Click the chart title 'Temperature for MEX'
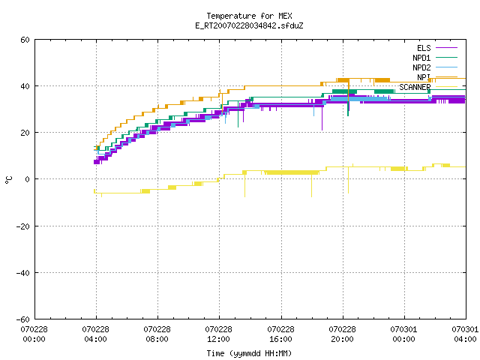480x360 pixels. coord(249,16)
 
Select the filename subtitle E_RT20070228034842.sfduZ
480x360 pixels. coord(249,25)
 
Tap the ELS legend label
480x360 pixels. coord(424,48)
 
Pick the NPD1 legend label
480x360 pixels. coord(421,58)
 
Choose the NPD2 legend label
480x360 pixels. coord(421,67)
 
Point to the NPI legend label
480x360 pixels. coord(424,77)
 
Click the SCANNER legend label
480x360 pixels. coord(415,87)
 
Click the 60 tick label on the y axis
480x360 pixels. coord(25,40)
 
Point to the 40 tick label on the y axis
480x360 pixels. coord(25,86)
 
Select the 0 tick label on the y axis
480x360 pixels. coord(27,179)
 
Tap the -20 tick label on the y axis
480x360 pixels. coord(23,226)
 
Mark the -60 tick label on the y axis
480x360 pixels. coord(23,319)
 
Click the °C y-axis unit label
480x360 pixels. coord(8,180)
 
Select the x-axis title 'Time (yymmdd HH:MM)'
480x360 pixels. coord(249,353)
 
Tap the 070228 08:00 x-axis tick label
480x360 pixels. coord(157,334)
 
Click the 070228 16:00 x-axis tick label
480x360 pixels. coord(280,334)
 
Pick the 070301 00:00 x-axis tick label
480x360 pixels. coord(403,334)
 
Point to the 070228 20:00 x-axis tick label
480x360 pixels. coord(342,334)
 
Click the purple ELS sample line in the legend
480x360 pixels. coord(446,48)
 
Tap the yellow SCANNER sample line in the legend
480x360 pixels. coord(446,87)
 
